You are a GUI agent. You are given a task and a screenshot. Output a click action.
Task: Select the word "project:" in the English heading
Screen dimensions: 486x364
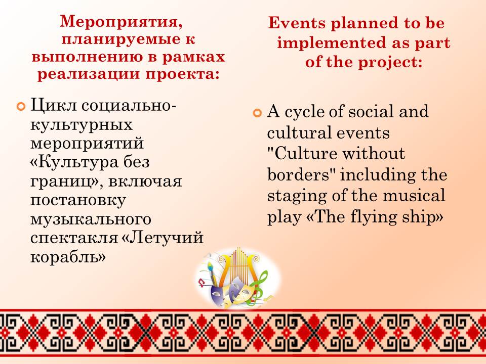[390, 63]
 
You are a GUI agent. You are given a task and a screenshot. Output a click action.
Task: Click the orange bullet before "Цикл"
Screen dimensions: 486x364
[21, 107]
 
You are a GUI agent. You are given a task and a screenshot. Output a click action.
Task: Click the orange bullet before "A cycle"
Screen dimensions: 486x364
[257, 113]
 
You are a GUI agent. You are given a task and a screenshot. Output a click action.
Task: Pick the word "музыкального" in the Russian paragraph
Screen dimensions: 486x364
[91, 219]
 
